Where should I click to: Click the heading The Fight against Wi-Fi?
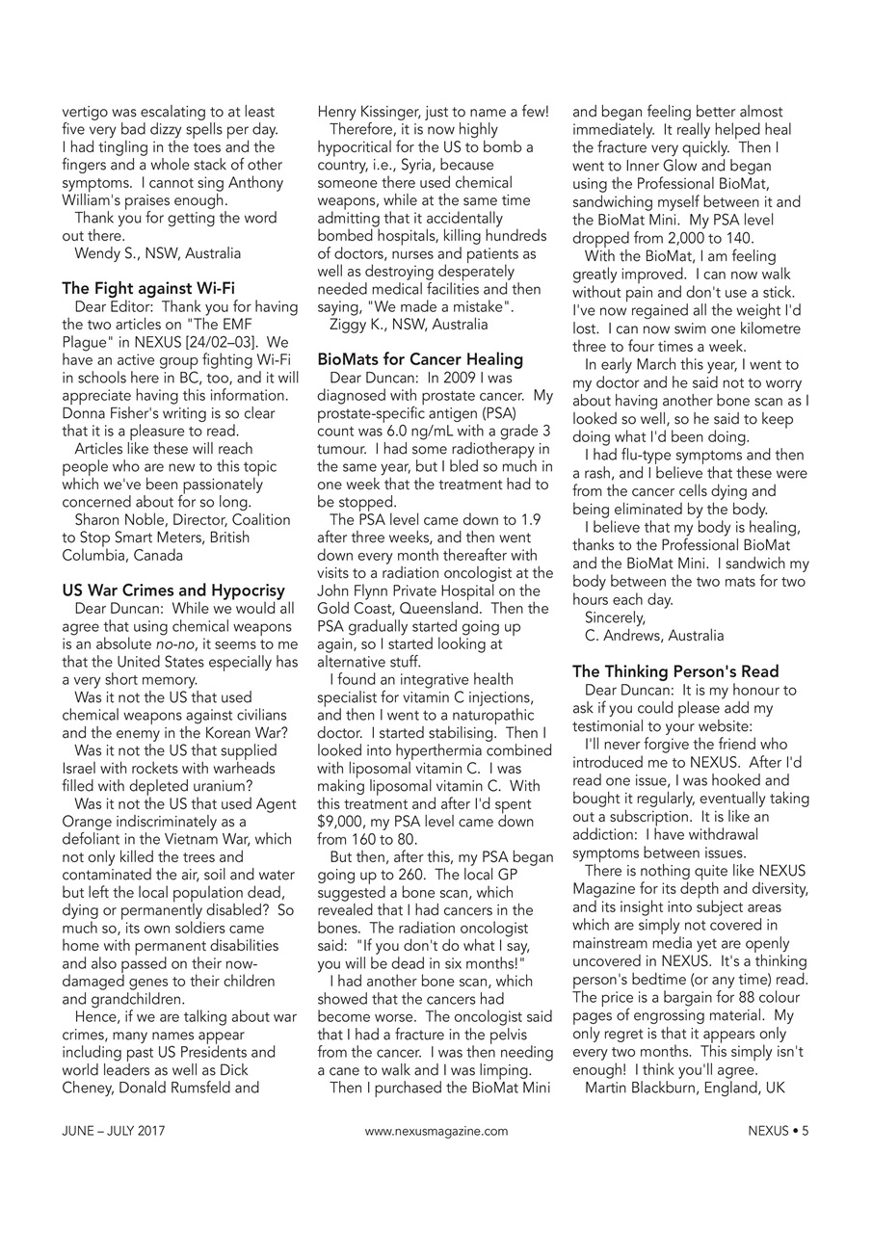pyautogui.click(x=148, y=288)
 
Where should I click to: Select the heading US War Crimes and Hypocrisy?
pyautogui.click(x=173, y=590)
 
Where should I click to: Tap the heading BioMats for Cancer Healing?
pyautogui.click(x=420, y=359)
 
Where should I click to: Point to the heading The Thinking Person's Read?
pyautogui.click(x=675, y=671)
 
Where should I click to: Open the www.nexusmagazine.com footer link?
pyautogui.click(x=436, y=1132)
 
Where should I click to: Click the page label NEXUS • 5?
pyautogui.click(x=778, y=1132)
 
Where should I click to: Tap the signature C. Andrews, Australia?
pyautogui.click(x=654, y=636)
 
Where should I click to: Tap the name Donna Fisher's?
pyautogui.click(x=106, y=412)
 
